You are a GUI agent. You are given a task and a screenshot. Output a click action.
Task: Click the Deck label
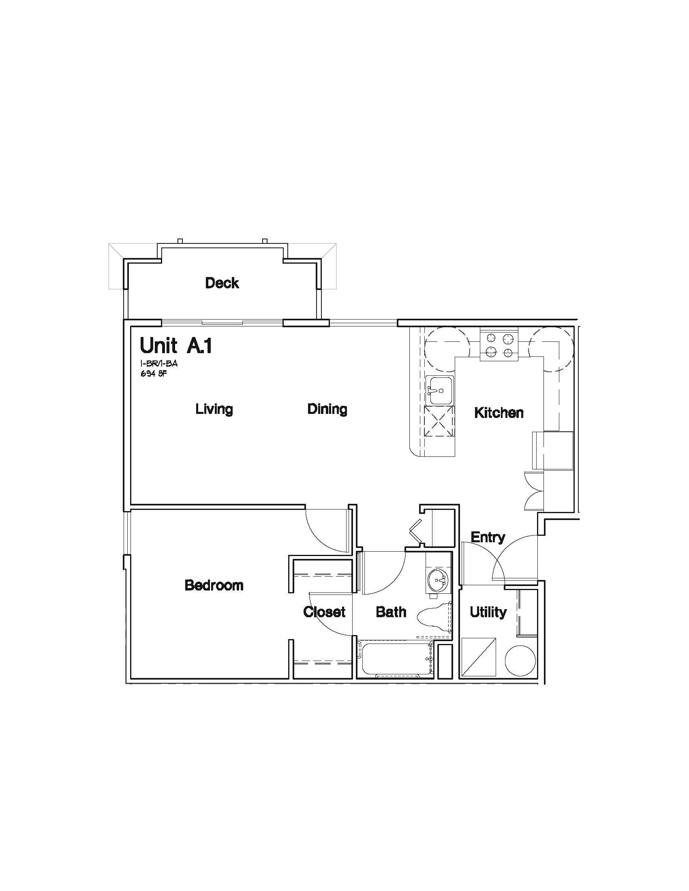[x=222, y=283]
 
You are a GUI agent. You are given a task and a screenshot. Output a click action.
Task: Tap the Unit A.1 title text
[x=176, y=345]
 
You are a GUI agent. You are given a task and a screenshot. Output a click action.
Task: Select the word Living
[x=214, y=409]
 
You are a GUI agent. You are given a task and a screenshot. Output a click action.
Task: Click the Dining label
[x=327, y=409]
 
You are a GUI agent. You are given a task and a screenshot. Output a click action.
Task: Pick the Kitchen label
[x=499, y=413]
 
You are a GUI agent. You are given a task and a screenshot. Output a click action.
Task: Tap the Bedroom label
[x=214, y=585]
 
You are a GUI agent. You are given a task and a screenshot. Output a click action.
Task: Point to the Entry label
[x=488, y=537]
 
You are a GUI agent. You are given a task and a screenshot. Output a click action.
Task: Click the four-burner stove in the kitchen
[x=499, y=345]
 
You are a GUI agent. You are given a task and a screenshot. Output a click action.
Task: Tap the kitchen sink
[x=439, y=390]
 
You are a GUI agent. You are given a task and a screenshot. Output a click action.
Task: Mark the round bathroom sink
[x=438, y=580]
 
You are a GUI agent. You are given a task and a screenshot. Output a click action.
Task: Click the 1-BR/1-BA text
[x=159, y=364]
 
